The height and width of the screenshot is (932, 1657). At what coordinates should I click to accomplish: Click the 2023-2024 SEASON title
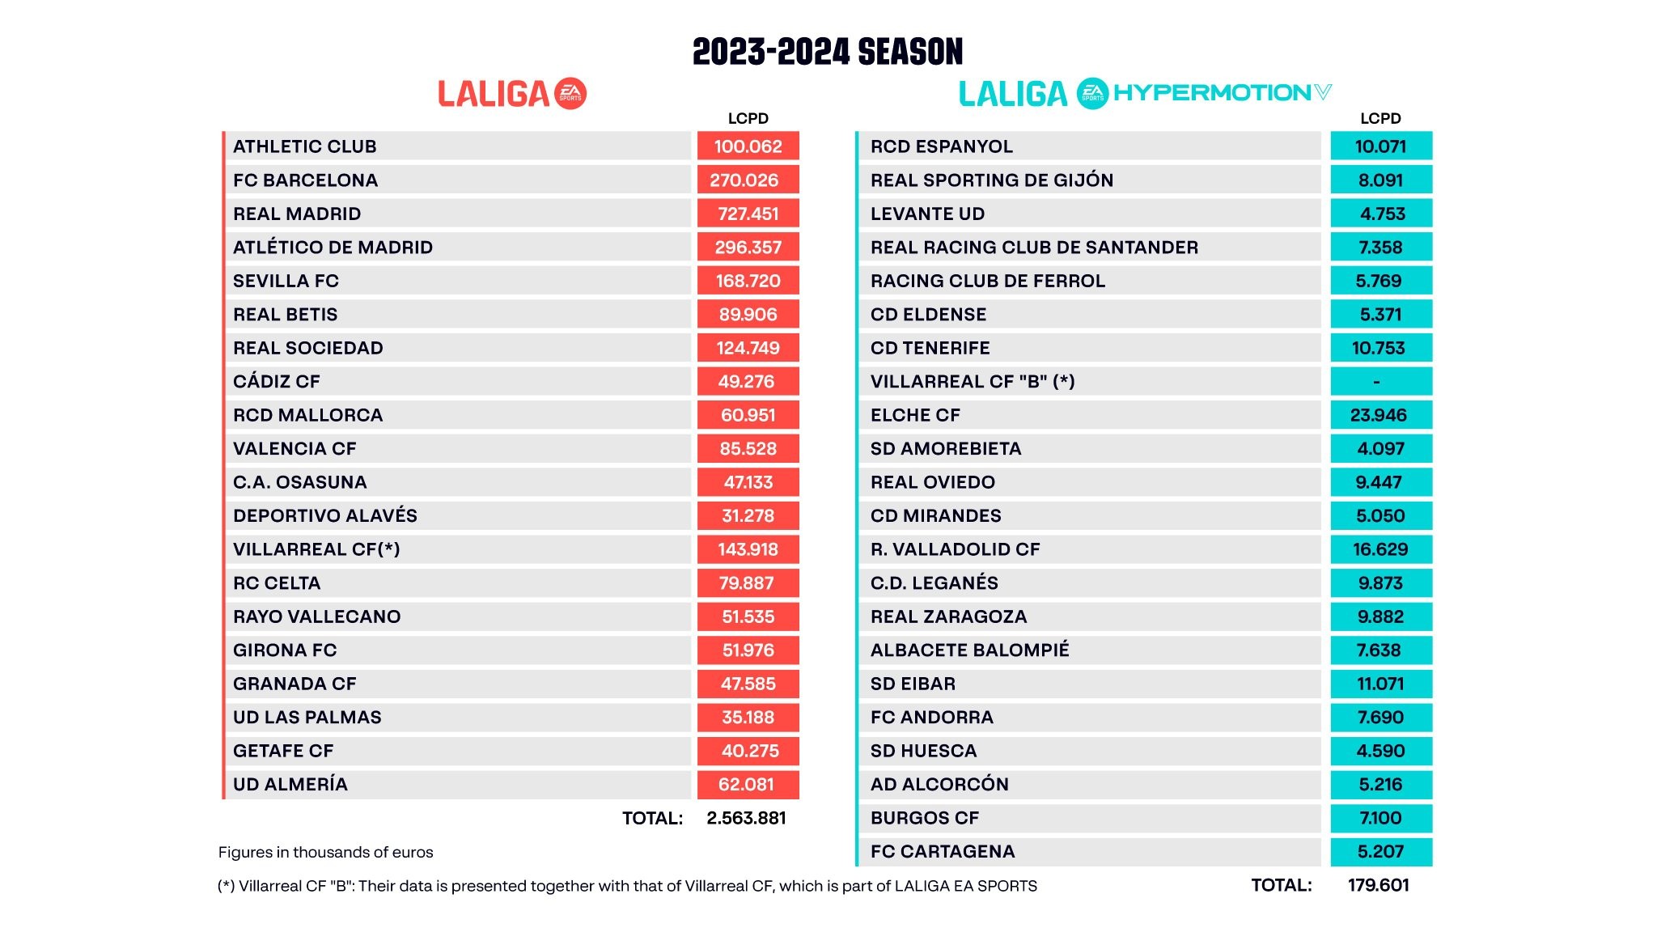point(828,52)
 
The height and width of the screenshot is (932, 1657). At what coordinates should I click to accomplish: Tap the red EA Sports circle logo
point(571,93)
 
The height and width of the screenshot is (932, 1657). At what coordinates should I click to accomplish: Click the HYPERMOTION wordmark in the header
point(1212,92)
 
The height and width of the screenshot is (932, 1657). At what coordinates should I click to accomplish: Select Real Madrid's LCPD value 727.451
point(748,214)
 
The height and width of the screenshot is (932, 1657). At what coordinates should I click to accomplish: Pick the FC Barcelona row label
point(305,180)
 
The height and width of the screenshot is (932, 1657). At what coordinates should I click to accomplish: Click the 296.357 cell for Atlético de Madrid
point(748,248)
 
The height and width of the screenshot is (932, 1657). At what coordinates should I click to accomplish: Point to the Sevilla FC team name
point(286,281)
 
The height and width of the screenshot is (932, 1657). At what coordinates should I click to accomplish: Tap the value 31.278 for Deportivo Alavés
point(748,515)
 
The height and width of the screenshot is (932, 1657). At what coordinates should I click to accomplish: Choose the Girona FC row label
point(285,650)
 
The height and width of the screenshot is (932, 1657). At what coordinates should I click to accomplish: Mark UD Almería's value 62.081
point(748,784)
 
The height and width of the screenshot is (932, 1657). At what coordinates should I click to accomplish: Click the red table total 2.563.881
point(746,818)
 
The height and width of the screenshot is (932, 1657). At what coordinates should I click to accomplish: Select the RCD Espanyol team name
point(941,146)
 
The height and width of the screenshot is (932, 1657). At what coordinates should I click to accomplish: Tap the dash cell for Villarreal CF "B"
point(1380,381)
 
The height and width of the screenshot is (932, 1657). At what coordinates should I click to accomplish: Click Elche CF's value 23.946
point(1380,415)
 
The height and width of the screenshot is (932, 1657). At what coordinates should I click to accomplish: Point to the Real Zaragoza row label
point(948,616)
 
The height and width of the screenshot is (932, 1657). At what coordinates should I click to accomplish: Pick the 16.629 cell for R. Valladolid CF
point(1380,549)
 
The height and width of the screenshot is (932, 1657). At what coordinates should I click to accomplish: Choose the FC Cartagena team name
point(942,851)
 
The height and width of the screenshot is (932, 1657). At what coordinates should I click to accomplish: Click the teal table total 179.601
point(1378,885)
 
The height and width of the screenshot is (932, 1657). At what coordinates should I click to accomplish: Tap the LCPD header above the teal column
point(1380,118)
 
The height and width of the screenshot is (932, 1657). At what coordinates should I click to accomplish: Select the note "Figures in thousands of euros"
point(325,852)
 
